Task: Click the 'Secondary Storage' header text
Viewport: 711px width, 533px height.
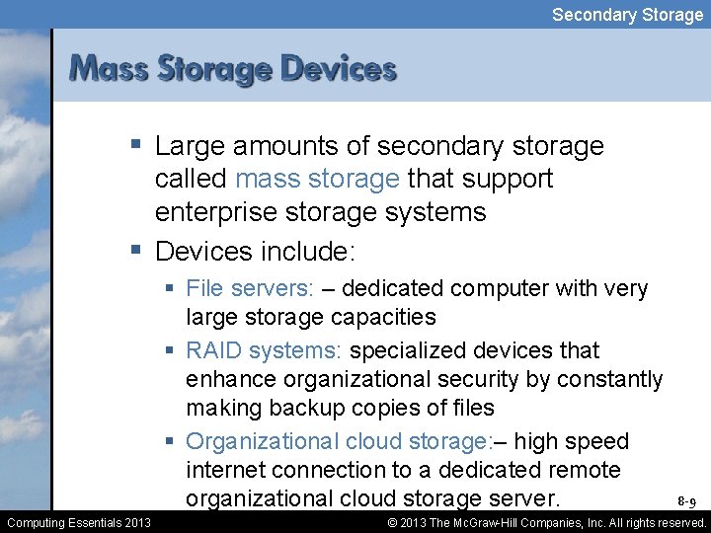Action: [x=627, y=14]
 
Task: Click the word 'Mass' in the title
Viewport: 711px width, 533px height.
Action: [x=108, y=69]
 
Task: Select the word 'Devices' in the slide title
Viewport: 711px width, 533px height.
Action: [x=338, y=69]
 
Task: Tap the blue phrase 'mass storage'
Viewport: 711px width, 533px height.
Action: [x=317, y=180]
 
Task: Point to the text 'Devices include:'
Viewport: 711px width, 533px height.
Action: [x=254, y=251]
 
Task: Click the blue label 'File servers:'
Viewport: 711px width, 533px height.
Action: [x=249, y=288]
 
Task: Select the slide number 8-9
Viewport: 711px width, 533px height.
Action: [x=687, y=502]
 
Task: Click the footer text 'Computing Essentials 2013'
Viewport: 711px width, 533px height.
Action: [x=79, y=522]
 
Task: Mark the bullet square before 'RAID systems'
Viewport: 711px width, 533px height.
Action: [x=172, y=350]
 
